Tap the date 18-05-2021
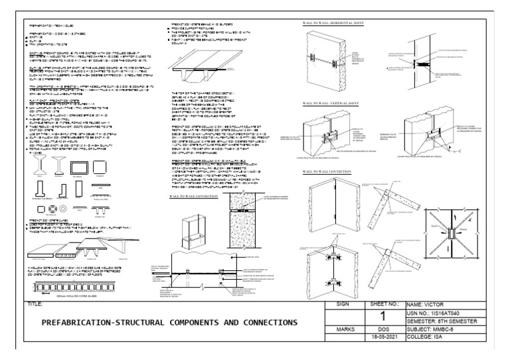(x=384, y=337)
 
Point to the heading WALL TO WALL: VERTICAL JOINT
(x=333, y=104)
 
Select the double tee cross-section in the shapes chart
(x=100, y=212)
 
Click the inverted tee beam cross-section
(x=39, y=190)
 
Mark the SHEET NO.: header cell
(x=384, y=304)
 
